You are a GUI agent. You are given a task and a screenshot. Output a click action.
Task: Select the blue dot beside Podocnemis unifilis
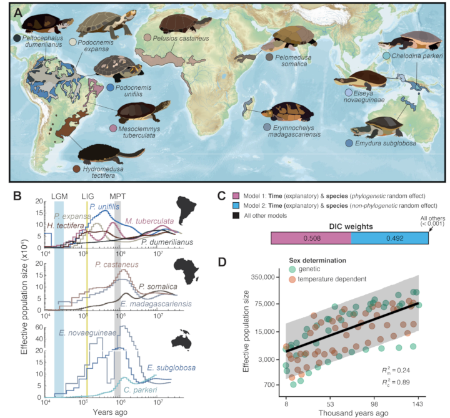pyautogui.click(x=110, y=88)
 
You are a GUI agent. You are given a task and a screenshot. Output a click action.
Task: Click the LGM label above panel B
pyautogui.click(x=59, y=197)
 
